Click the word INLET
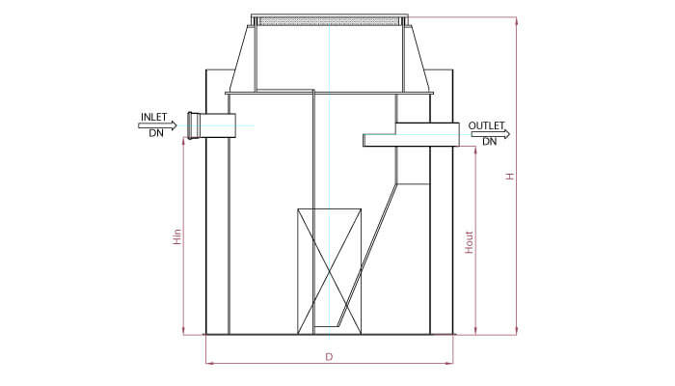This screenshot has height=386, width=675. click(153, 117)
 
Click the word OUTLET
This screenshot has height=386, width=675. click(486, 125)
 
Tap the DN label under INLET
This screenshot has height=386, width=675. click(156, 133)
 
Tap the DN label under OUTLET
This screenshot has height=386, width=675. click(489, 142)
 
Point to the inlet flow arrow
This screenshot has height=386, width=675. click(157, 125)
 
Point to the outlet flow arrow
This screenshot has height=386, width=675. click(490, 134)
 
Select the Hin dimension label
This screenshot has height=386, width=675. click(177, 236)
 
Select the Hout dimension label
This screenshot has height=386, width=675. click(469, 242)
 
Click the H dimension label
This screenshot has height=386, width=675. click(510, 177)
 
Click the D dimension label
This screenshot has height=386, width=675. click(329, 357)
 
